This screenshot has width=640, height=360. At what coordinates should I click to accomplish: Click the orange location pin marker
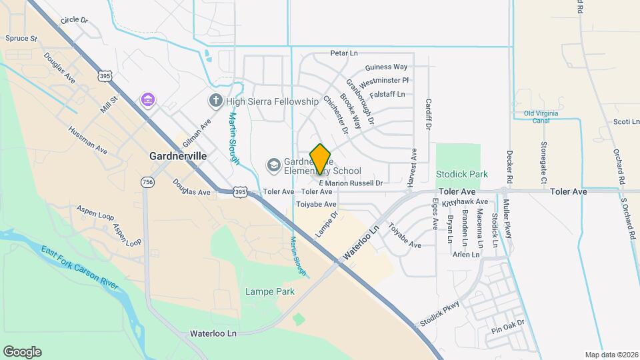point(320,159)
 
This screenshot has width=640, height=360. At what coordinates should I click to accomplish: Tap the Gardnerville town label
point(177,155)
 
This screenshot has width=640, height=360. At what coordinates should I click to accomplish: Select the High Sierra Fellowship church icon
point(215,101)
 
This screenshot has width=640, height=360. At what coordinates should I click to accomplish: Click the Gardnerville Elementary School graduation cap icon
point(273,165)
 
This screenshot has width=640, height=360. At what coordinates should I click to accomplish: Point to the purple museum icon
point(148,101)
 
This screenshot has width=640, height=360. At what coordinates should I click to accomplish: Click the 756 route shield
point(147,181)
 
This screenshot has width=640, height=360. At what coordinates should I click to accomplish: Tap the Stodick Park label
point(461,174)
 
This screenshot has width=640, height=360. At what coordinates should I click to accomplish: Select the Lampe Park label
point(269,291)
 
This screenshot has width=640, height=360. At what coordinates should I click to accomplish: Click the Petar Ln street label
point(344,53)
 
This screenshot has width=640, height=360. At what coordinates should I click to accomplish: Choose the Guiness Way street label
point(386,67)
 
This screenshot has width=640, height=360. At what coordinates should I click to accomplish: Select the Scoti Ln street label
point(626,121)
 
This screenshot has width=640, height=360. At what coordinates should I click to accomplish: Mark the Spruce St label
point(21,39)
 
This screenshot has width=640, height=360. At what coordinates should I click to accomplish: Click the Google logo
point(22,351)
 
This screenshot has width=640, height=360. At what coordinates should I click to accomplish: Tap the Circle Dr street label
point(74,20)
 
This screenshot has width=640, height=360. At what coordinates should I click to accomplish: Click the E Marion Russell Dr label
point(351,183)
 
